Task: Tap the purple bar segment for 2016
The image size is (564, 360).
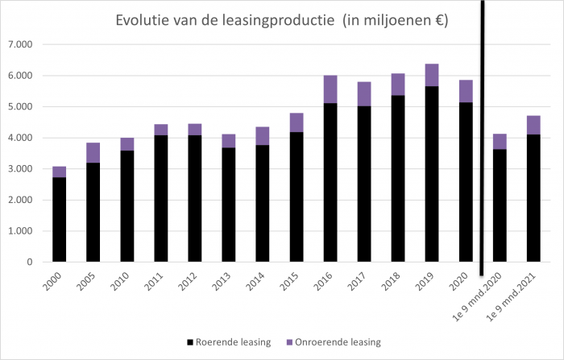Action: pos(330,89)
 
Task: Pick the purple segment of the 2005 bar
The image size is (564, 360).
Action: pos(93,153)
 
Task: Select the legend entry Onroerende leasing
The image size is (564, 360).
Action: pos(339,342)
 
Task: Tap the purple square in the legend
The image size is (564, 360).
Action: pos(290,342)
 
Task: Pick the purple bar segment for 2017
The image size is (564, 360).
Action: pos(364,93)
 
